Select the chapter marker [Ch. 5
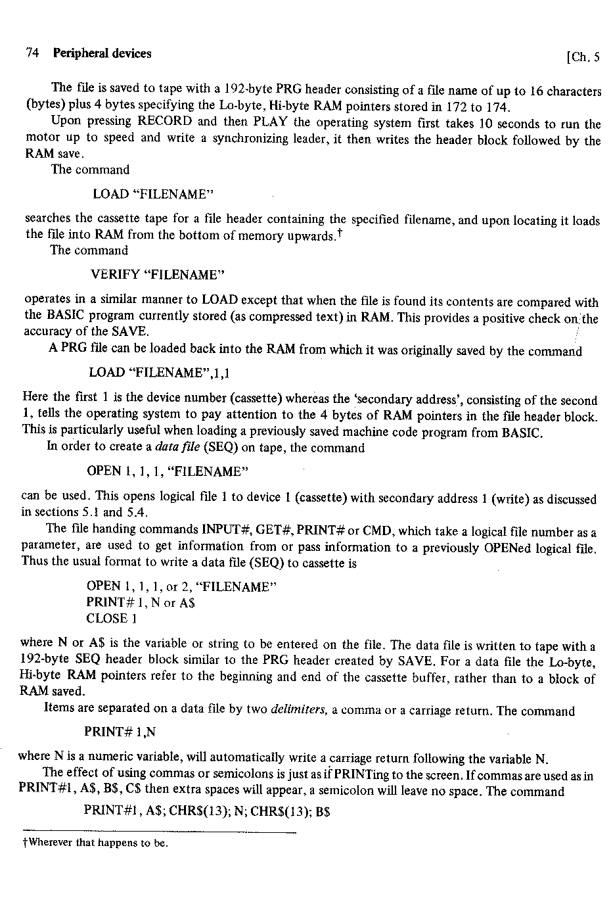[x=582, y=57]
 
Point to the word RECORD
[x=165, y=122]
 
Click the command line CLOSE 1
[x=111, y=619]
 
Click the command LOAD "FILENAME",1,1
[x=159, y=373]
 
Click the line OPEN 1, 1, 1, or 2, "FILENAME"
[x=179, y=586]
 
